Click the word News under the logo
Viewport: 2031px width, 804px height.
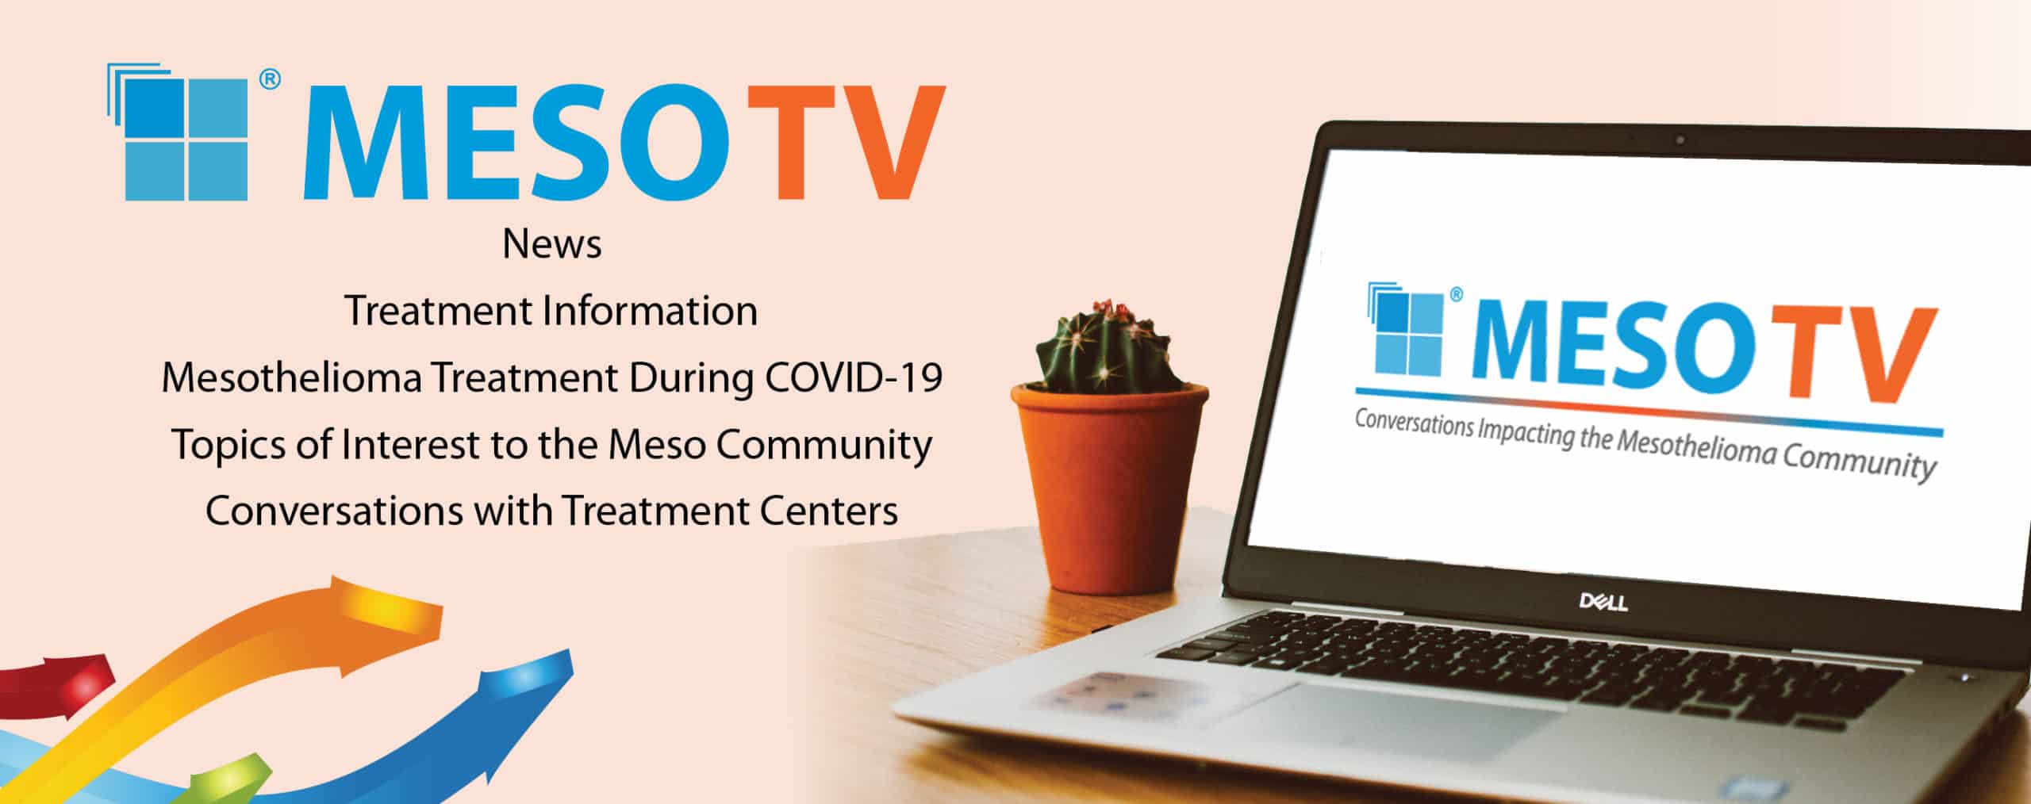552,245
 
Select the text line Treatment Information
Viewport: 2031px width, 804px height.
551,311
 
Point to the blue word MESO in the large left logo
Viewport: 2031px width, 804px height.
516,142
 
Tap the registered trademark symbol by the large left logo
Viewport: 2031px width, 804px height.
270,80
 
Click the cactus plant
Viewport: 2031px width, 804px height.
1104,347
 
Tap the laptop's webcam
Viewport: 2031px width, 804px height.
1680,140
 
